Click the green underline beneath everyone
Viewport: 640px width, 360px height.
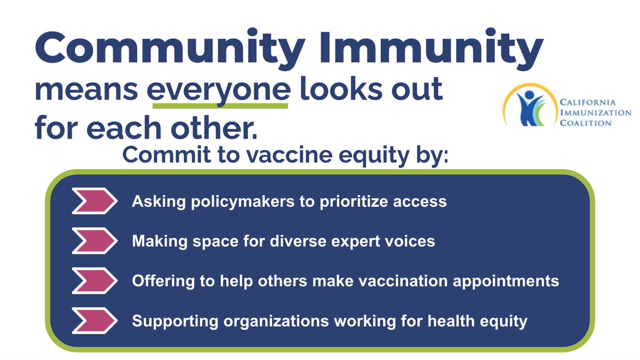[220, 106]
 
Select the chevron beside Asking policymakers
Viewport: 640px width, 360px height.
[94, 202]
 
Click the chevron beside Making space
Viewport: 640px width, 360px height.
[94, 241]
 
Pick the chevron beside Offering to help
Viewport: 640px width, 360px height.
[94, 281]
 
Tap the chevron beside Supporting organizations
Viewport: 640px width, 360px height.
[94, 321]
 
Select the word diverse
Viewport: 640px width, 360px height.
[312, 242]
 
